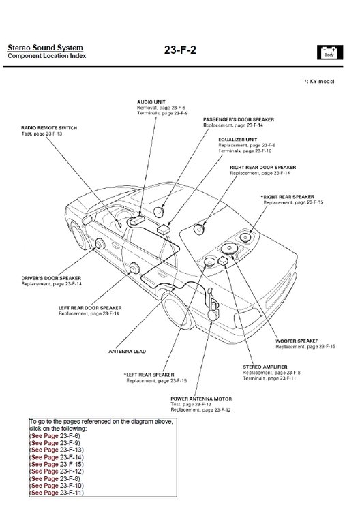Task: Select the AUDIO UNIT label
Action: click(151, 102)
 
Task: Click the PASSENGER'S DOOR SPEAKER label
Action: click(239, 119)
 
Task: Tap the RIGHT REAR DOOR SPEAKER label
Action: click(262, 167)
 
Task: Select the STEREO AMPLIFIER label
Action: click(265, 367)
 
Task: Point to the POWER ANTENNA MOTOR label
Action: click(200, 398)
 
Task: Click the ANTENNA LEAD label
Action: click(126, 352)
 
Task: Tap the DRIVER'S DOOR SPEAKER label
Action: click(51, 278)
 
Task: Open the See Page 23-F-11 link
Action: click(57, 492)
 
